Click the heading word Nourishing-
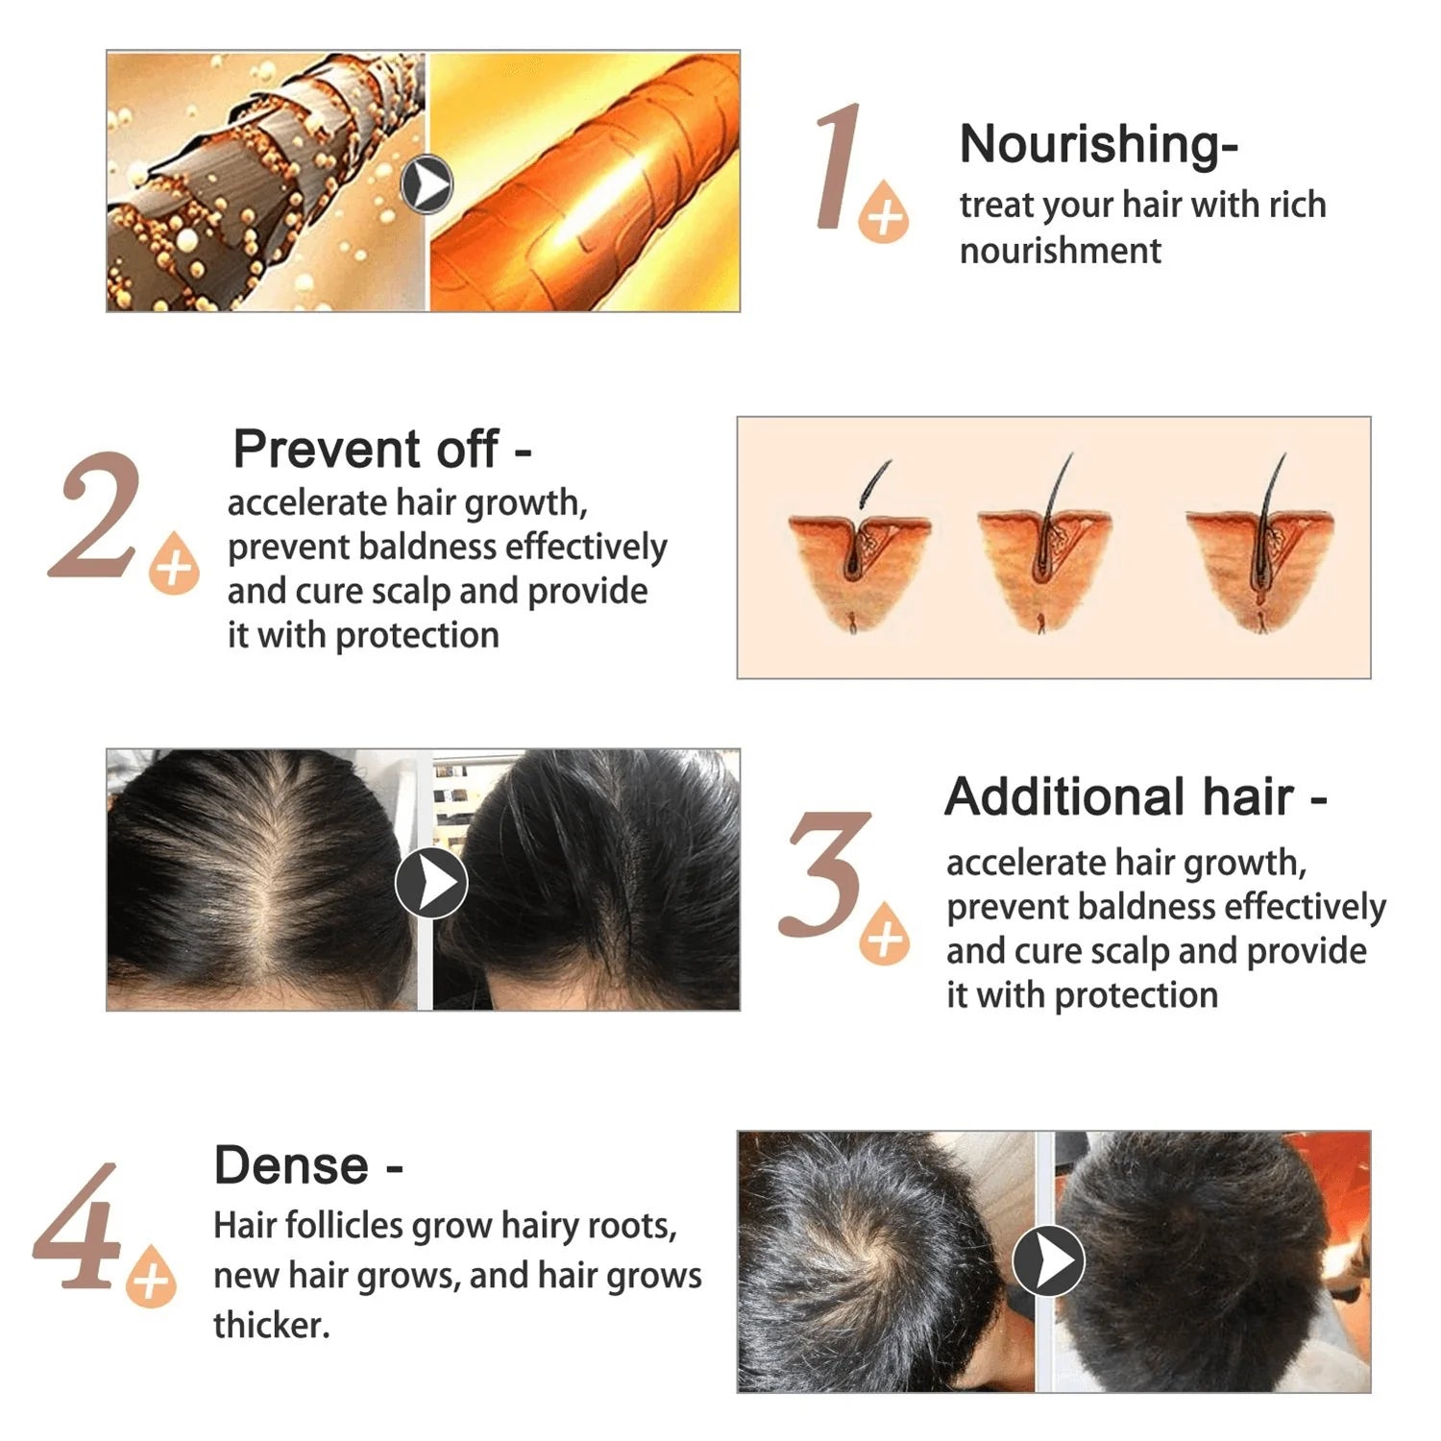(1098, 144)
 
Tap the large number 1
(838, 168)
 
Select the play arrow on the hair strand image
(427, 183)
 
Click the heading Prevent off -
(381, 449)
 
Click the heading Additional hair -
(1135, 797)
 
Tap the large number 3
(824, 874)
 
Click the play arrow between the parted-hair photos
(431, 882)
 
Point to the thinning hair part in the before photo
(271, 865)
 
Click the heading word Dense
(291, 1166)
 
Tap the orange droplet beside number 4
(152, 1277)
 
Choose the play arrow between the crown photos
(1048, 1260)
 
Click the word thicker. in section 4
(271, 1326)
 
